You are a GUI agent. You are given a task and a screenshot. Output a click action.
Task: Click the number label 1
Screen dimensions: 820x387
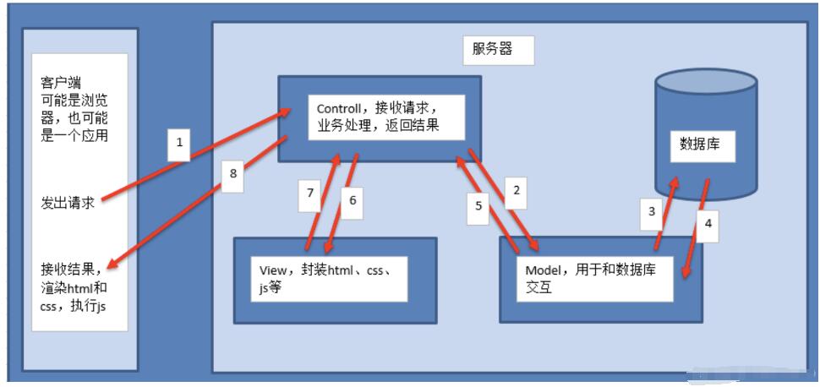(180, 142)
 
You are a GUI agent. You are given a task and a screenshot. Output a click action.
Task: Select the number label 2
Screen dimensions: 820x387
(517, 190)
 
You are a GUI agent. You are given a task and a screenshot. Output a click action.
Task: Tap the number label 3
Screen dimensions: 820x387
(652, 211)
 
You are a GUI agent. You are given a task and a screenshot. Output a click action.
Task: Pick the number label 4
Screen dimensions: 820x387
(708, 223)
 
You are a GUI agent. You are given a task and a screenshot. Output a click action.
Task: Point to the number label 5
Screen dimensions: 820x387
(478, 205)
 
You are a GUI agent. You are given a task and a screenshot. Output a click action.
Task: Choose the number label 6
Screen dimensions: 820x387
(353, 199)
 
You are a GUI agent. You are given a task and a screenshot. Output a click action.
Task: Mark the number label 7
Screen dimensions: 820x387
(310, 193)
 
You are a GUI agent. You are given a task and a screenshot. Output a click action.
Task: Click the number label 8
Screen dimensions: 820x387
(233, 173)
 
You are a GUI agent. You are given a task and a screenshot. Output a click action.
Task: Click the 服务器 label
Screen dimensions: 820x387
(492, 49)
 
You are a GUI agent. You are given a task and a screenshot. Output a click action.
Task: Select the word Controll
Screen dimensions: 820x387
(338, 109)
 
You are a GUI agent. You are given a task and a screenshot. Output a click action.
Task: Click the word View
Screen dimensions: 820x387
(273, 270)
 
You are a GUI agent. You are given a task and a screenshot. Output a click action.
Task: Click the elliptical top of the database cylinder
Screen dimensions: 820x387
(707, 83)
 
